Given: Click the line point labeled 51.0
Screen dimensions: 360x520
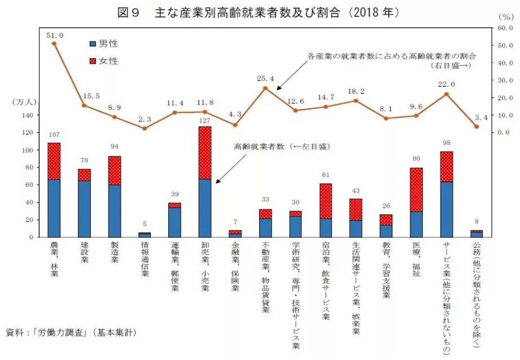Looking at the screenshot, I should point(54,43).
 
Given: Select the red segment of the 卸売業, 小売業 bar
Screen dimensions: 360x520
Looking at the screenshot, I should point(204,153).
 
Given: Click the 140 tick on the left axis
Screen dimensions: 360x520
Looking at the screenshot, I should point(27,115).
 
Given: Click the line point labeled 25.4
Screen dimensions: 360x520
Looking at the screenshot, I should point(265,88).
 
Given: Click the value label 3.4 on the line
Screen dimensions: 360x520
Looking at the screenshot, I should point(481,117).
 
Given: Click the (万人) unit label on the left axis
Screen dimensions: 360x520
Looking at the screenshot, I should point(25,102).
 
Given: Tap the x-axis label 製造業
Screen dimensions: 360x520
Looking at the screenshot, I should point(115,254).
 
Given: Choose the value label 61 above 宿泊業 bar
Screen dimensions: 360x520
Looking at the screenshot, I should point(325,175).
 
